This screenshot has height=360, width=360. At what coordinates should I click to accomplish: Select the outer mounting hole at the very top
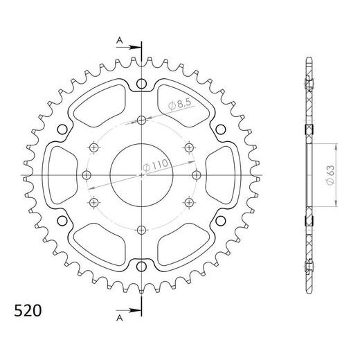(x=141, y=84)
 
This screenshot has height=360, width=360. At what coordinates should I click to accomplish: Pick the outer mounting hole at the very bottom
(x=141, y=265)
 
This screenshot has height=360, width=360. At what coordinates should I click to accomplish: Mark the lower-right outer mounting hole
(x=219, y=220)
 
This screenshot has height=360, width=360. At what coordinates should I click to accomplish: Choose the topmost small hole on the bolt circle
(x=141, y=120)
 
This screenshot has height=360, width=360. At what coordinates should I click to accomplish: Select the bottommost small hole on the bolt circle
(x=141, y=229)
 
